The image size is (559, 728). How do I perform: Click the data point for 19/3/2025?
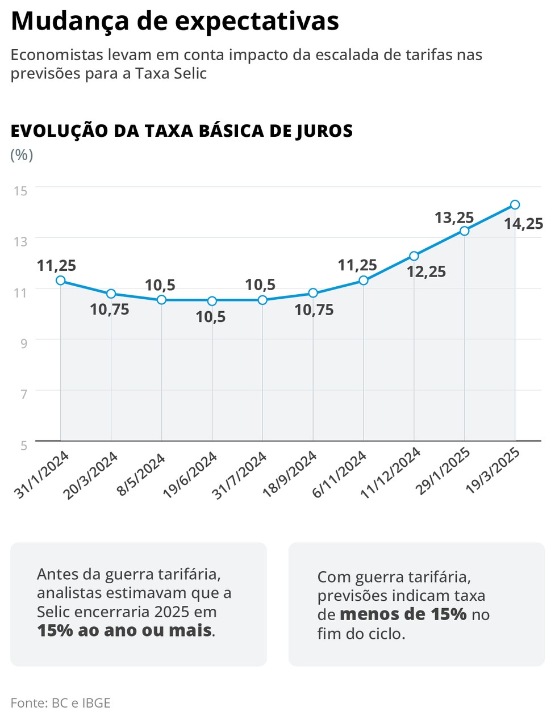coord(515,204)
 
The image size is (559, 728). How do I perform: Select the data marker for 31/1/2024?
coord(60,280)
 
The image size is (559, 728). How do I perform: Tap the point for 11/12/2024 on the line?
coord(414,256)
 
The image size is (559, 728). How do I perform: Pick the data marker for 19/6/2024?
coord(212,300)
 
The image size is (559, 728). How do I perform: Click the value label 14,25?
coord(523,224)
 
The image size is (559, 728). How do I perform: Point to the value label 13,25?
coord(454,217)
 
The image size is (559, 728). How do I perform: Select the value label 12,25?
coord(426,272)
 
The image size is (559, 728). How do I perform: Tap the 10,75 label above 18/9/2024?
coord(314,310)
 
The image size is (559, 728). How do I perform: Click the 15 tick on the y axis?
coord(20,191)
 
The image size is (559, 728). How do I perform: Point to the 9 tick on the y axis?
coord(23,344)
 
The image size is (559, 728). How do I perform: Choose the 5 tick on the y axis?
coord(23,446)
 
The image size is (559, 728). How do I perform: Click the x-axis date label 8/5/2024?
coord(141,475)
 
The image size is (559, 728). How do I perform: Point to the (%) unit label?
coord(22,155)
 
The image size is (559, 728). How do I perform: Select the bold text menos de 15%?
coord(403,614)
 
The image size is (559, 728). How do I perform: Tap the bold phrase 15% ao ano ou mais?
coord(124,630)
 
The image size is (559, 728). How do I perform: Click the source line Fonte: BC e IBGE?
coord(60,703)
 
